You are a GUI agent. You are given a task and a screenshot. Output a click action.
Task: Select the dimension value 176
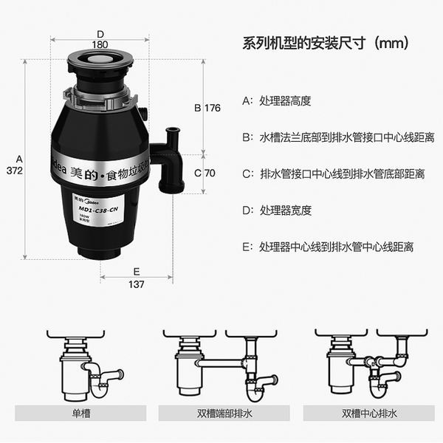[x=213, y=108]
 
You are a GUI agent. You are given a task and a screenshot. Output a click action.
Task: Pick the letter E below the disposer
[x=137, y=270]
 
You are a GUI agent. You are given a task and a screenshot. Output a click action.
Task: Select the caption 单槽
[x=81, y=414]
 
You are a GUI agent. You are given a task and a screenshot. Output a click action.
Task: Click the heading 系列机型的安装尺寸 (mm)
[x=326, y=42]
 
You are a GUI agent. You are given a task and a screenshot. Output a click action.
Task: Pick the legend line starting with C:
[x=333, y=174]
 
